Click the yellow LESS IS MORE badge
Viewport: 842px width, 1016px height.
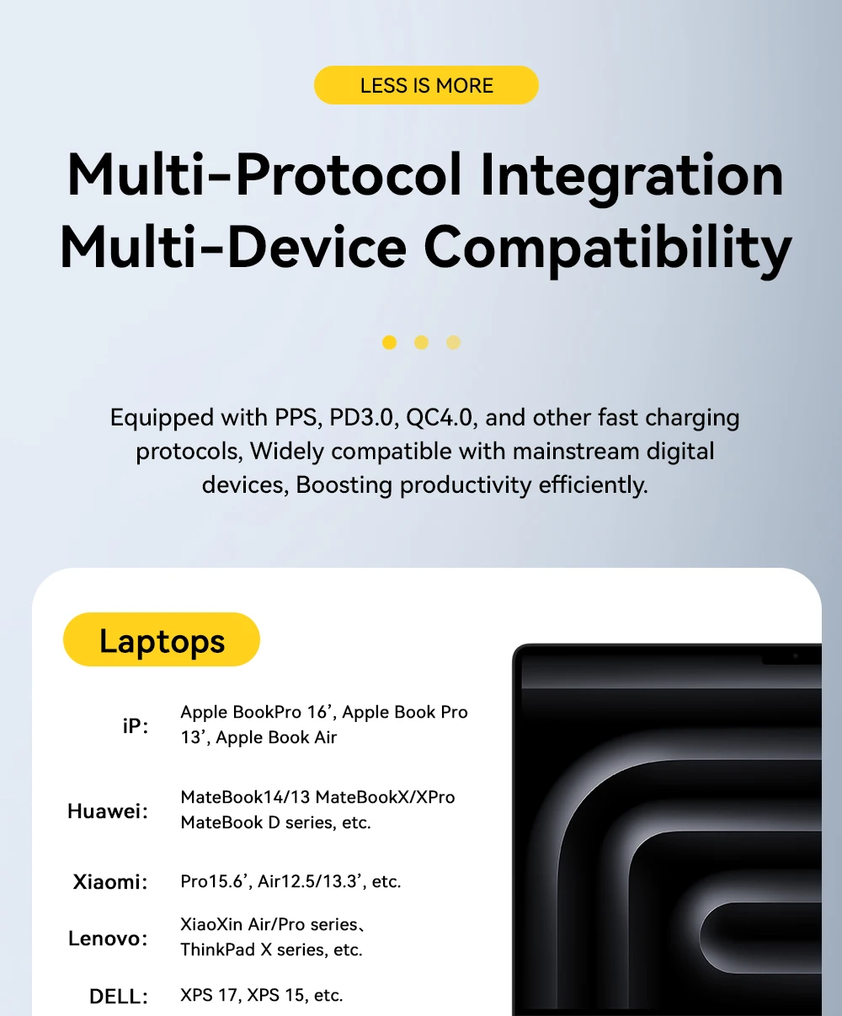426,85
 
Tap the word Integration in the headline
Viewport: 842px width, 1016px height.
631,177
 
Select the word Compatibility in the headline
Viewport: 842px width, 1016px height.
608,249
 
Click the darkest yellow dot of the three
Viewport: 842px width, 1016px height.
389,343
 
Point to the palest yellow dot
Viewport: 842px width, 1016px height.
453,343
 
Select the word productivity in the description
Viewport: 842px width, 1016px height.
466,485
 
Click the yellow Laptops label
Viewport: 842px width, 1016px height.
162,639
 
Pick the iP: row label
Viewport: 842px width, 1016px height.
136,726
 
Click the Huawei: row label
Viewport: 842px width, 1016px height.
108,811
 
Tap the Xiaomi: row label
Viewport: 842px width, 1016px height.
110,882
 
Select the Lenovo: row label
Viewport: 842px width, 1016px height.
108,938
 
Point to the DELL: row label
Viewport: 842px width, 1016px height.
118,997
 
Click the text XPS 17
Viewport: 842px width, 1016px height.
210,995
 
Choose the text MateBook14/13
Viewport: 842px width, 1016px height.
245,797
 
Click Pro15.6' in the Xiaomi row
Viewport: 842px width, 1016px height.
216,882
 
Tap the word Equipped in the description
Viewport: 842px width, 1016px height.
162,419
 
